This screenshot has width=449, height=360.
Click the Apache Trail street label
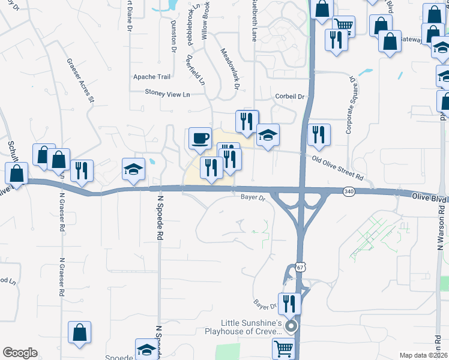coord(152,77)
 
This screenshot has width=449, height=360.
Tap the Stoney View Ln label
coord(167,94)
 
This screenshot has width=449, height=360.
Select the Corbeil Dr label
coord(291,97)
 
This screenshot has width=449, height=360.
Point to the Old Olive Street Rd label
coord(339,168)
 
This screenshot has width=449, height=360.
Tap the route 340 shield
coord(349,191)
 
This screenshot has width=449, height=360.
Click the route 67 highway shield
coord(300,269)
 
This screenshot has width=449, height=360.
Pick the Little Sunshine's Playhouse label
coord(243,327)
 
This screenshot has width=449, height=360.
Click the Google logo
coord(20,353)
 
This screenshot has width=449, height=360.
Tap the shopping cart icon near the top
coord(343,25)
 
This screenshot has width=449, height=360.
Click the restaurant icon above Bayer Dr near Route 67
coord(289,303)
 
